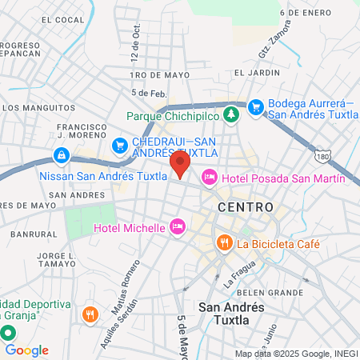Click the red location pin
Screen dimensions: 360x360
coord(180,166)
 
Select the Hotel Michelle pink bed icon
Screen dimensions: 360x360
coord(178,228)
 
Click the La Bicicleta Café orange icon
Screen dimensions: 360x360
coord(225,242)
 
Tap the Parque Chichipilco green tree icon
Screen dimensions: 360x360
coord(231,115)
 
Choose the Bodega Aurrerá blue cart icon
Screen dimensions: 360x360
coord(256,106)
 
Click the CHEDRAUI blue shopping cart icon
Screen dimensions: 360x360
coord(120,146)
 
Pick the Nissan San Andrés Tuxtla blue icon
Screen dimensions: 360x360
coord(61,154)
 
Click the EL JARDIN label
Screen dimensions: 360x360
coord(253,72)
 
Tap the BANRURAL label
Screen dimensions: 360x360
coord(30,234)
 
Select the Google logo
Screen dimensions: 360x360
coord(26,350)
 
